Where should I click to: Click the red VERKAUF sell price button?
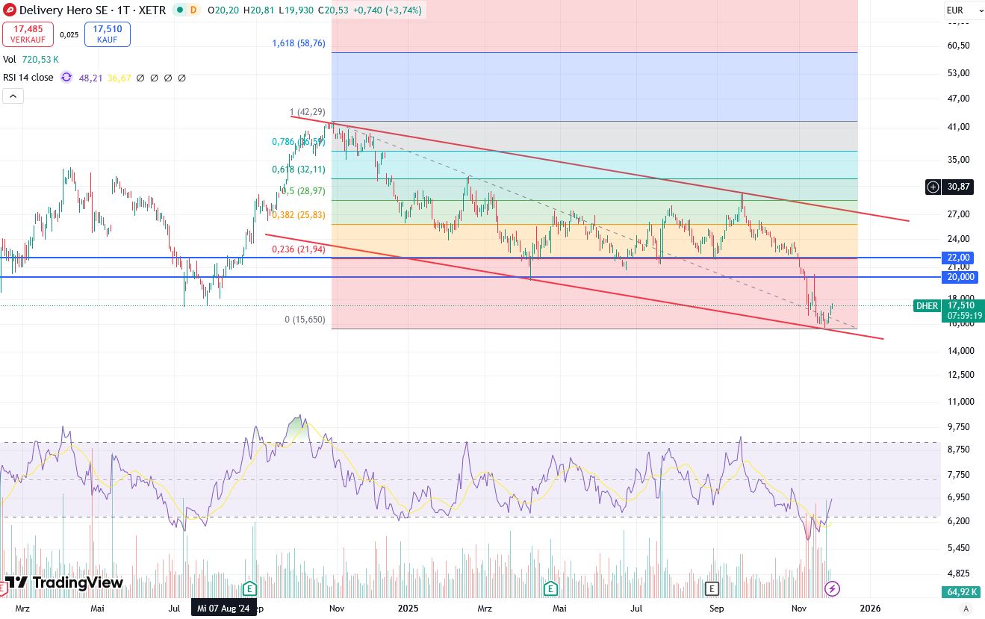(28, 34)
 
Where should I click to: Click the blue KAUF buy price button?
(108, 34)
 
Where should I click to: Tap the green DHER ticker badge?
(927, 305)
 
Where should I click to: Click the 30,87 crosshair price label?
(958, 187)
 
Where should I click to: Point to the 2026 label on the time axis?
(871, 609)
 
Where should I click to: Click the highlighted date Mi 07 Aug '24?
(223, 609)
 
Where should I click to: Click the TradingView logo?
(63, 582)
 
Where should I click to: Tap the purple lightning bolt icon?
(832, 589)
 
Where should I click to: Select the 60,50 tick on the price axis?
(958, 46)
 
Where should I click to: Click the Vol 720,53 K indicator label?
(31, 59)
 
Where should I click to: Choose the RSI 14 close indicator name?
(28, 77)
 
